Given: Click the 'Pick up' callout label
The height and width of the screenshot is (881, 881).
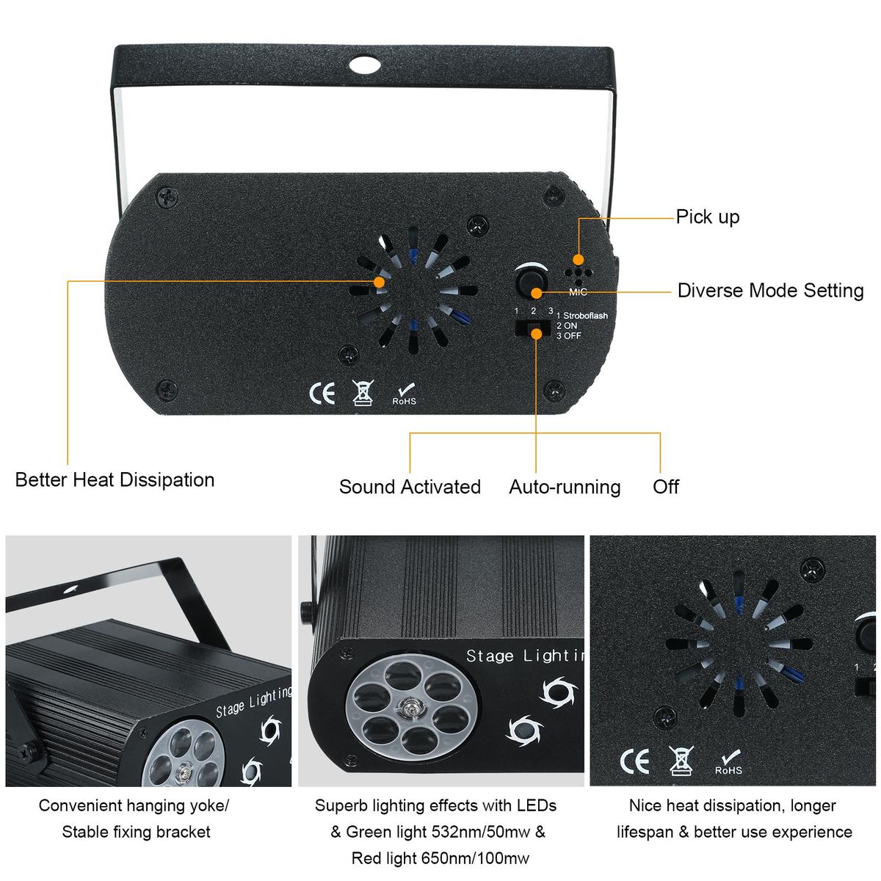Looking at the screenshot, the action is click(x=707, y=217).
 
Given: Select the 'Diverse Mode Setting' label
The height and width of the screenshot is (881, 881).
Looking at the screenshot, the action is click(x=770, y=290).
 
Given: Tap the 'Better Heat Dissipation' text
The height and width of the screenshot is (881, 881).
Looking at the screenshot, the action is click(x=115, y=480).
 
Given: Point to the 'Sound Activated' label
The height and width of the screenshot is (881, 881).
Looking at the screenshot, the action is click(x=410, y=487).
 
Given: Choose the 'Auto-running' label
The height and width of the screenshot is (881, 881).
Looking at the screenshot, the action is click(x=565, y=487).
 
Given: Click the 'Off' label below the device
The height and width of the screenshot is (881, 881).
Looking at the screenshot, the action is click(x=666, y=487).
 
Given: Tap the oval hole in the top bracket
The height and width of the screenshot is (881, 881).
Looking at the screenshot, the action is click(x=364, y=65).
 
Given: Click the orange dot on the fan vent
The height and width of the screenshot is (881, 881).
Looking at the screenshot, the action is click(x=379, y=282).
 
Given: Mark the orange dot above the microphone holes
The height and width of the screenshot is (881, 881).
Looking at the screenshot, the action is click(x=579, y=260).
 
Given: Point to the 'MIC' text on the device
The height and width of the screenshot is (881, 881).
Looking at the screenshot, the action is click(x=578, y=292).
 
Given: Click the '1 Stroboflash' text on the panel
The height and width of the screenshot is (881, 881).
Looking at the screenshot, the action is click(x=582, y=316).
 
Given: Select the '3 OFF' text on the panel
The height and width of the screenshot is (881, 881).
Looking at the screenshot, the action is click(x=569, y=336).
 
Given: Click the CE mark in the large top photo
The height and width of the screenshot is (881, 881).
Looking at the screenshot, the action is click(x=322, y=394).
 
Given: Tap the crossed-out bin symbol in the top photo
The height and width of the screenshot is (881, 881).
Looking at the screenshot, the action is click(x=363, y=393).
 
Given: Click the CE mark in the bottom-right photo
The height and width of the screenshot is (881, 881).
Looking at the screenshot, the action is click(x=634, y=761).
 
